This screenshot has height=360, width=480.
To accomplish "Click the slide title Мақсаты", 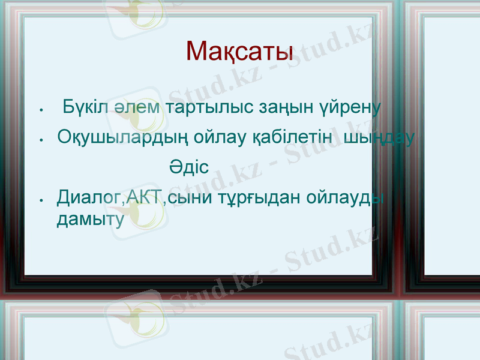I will [240, 52].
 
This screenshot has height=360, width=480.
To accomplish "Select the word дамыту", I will [90, 220].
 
